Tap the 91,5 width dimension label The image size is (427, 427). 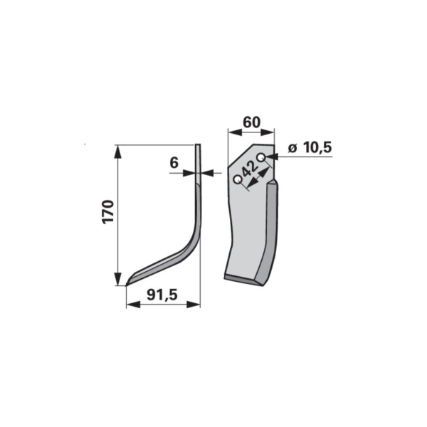[x=162, y=295]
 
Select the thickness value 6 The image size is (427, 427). [x=174, y=163]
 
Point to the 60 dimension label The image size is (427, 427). [x=251, y=122]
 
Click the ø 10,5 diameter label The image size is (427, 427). [x=310, y=148]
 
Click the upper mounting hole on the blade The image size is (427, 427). [x=261, y=157]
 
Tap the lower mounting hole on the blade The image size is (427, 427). [x=238, y=179]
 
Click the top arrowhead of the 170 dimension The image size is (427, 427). [x=117, y=152]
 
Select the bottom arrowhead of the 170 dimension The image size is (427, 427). [x=117, y=279]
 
